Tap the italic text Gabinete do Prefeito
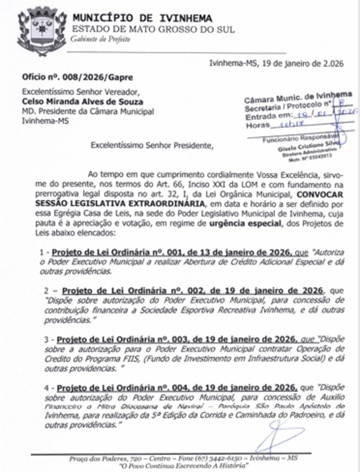point(98,39)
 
